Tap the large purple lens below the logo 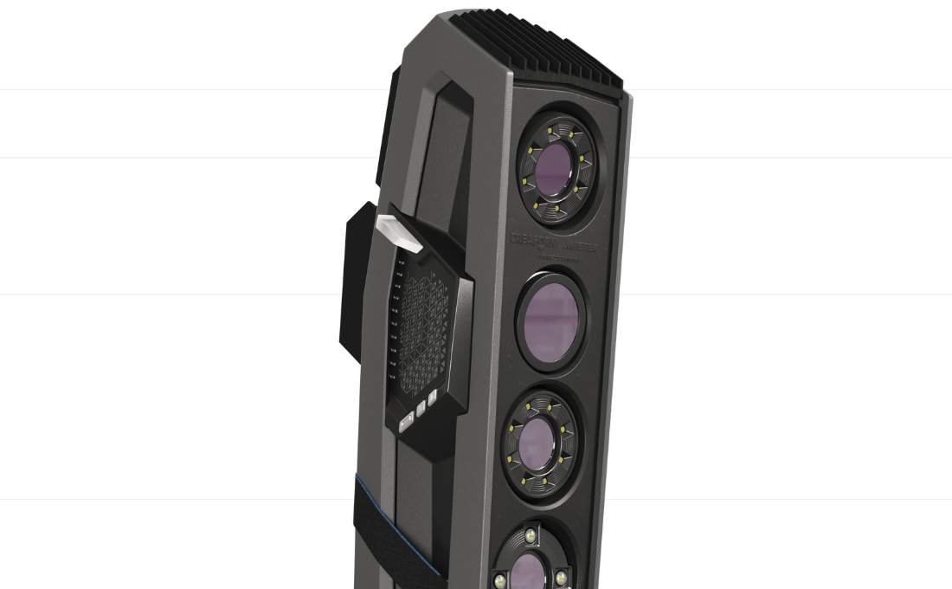click(x=550, y=314)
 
